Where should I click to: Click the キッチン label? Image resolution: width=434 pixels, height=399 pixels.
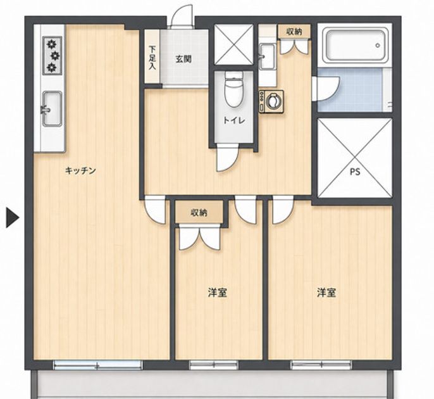click(x=80, y=170)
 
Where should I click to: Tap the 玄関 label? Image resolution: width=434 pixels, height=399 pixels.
click(x=183, y=59)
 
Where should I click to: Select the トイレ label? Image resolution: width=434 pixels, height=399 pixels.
click(x=234, y=120)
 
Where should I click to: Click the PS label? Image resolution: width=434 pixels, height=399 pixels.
click(x=355, y=172)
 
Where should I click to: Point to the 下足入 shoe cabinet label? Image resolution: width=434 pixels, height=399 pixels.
click(x=152, y=58)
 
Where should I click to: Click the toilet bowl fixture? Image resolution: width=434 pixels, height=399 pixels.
click(x=233, y=89)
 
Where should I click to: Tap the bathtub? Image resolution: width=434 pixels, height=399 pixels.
click(x=356, y=45)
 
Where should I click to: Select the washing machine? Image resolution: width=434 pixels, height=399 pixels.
click(x=271, y=102)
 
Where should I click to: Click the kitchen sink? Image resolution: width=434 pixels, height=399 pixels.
click(x=52, y=109)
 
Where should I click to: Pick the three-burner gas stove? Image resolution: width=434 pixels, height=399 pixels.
click(x=52, y=56)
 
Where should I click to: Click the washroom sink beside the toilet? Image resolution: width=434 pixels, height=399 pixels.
click(x=267, y=56)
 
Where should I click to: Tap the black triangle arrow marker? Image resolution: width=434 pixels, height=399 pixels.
click(x=13, y=218)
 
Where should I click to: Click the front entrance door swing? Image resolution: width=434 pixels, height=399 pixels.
click(x=182, y=16)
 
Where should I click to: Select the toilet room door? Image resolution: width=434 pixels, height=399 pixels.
click(x=227, y=157)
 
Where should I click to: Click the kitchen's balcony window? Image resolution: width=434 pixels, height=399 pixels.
click(x=97, y=365)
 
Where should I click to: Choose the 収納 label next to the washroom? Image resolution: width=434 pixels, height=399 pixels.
click(x=294, y=32)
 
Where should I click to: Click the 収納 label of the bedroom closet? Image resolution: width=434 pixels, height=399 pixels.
click(x=199, y=213)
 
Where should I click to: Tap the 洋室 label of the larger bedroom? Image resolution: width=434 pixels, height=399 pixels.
click(x=327, y=293)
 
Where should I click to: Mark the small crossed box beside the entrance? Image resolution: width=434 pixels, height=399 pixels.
click(x=234, y=44)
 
